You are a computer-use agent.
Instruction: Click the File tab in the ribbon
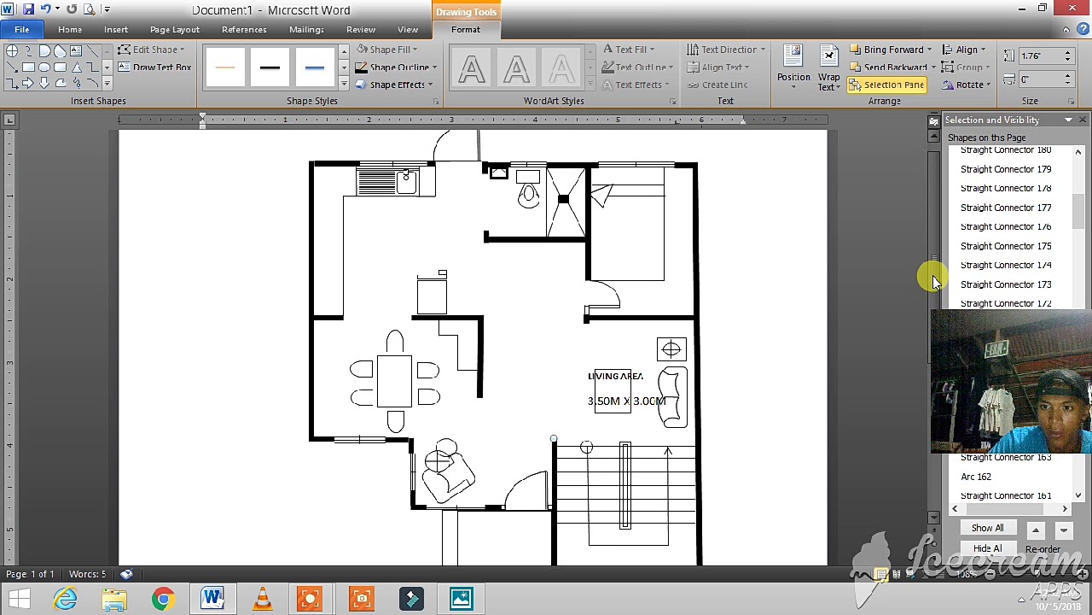pos(21,30)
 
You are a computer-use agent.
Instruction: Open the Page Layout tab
pos(174,30)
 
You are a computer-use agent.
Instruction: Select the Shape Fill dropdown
pos(389,50)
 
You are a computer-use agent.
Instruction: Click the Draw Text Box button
pos(154,67)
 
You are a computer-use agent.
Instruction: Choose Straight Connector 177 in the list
pos(1005,208)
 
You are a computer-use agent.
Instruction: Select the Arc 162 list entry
pos(975,477)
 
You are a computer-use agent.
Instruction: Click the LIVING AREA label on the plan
pos(615,376)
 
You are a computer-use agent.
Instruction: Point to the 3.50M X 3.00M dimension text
pos(626,401)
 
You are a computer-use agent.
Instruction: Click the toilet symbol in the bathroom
pos(528,192)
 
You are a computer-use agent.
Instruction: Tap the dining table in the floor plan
pos(394,381)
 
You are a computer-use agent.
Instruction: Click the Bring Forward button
pos(892,50)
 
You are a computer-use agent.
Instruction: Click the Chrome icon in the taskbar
pos(162,598)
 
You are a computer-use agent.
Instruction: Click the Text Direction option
pos(727,50)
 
